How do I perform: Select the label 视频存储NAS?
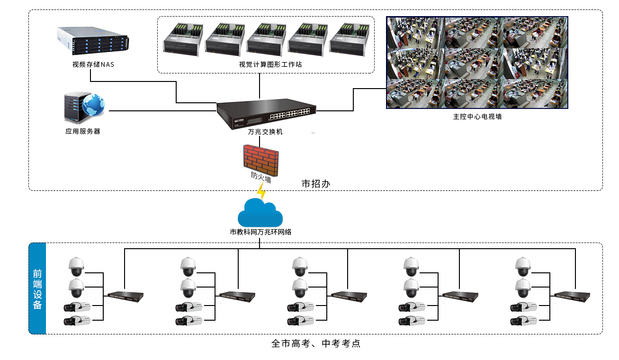click(93, 65)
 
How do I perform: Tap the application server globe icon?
click(93, 106)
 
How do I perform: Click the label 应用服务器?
click(83, 132)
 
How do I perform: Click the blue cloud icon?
click(260, 214)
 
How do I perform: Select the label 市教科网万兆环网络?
click(260, 232)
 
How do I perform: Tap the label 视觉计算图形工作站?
click(266, 65)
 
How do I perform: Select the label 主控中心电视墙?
click(477, 117)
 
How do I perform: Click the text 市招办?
click(315, 183)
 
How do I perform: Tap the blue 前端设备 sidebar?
click(37, 288)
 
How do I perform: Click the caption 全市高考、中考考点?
click(316, 343)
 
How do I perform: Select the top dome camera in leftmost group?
click(76, 267)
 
